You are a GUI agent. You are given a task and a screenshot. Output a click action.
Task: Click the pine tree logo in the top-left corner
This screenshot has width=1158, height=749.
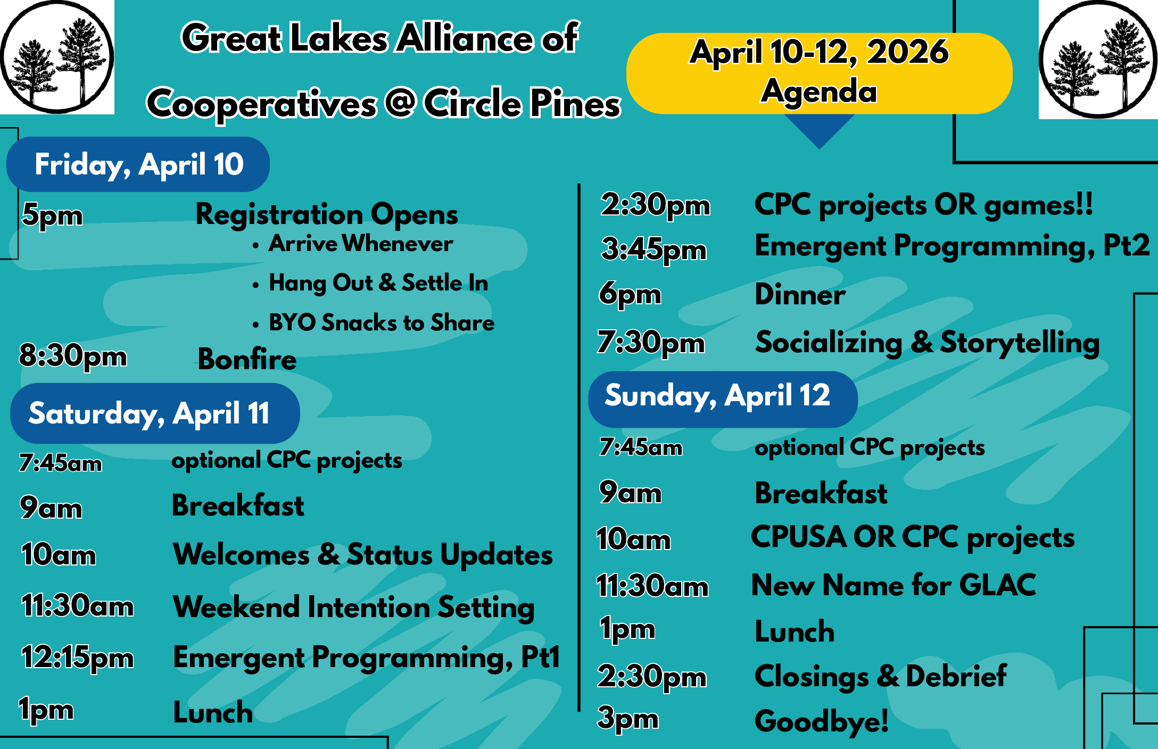56,57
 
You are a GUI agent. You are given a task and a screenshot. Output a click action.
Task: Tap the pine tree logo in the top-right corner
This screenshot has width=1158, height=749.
1098,59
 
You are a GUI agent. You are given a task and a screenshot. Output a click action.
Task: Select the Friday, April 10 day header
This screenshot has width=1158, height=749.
138,164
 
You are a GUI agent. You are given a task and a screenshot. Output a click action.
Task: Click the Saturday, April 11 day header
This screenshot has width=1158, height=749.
155,413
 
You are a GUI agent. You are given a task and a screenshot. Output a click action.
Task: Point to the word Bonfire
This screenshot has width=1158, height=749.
247,359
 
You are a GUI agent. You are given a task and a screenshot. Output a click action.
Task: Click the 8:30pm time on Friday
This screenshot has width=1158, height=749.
73,356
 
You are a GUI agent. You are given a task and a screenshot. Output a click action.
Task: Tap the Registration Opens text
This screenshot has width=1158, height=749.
327,215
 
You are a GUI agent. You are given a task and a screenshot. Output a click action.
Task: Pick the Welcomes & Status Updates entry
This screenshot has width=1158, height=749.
363,555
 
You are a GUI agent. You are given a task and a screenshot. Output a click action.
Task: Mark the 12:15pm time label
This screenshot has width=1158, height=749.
77,658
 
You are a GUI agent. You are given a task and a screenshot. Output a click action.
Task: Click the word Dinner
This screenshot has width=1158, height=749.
800,295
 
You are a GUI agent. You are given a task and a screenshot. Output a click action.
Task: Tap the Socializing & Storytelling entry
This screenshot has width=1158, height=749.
928,343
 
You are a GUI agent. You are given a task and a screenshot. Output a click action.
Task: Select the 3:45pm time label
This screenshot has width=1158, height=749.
654,249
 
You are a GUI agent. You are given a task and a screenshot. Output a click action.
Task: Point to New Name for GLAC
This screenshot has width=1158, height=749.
894,585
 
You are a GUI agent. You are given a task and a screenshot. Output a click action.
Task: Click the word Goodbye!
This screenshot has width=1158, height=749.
821,721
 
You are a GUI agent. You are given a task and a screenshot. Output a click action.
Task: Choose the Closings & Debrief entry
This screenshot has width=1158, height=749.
881,677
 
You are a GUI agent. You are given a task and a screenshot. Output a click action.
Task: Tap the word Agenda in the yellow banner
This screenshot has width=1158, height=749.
819,91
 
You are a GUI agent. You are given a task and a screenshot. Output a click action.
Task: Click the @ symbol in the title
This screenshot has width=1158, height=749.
400,102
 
